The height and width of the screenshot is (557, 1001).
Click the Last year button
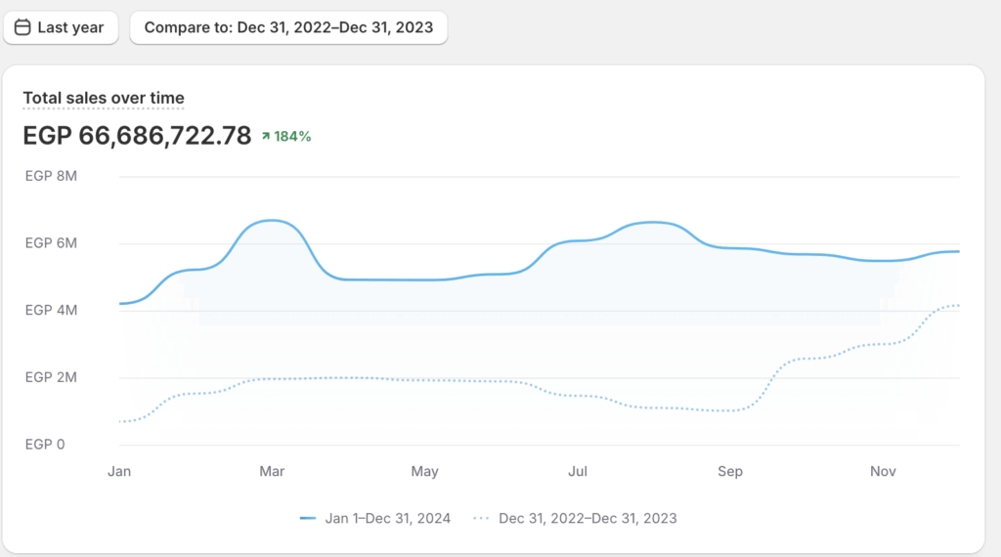(x=61, y=27)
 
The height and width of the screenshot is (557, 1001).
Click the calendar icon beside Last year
(x=22, y=27)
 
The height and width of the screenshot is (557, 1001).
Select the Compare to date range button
(x=288, y=27)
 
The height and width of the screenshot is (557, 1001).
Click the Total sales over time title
(x=104, y=98)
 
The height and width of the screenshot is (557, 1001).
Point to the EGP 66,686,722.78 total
(x=137, y=136)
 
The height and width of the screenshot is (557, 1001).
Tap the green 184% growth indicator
(x=286, y=137)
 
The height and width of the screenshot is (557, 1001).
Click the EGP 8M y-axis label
(x=51, y=177)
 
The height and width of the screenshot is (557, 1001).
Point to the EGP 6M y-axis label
(x=51, y=243)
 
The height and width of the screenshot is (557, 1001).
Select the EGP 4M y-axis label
(x=51, y=311)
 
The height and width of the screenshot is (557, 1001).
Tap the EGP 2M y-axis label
(x=51, y=377)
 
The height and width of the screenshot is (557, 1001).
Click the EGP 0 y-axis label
(x=45, y=445)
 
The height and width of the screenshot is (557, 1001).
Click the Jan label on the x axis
(x=119, y=472)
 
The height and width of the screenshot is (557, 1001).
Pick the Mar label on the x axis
(x=272, y=472)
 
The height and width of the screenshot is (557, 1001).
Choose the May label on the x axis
(x=424, y=472)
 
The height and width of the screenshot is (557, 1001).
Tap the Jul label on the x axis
(x=577, y=472)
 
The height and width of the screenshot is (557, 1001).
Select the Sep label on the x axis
(x=730, y=472)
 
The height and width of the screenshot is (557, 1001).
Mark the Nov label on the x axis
(x=883, y=472)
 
